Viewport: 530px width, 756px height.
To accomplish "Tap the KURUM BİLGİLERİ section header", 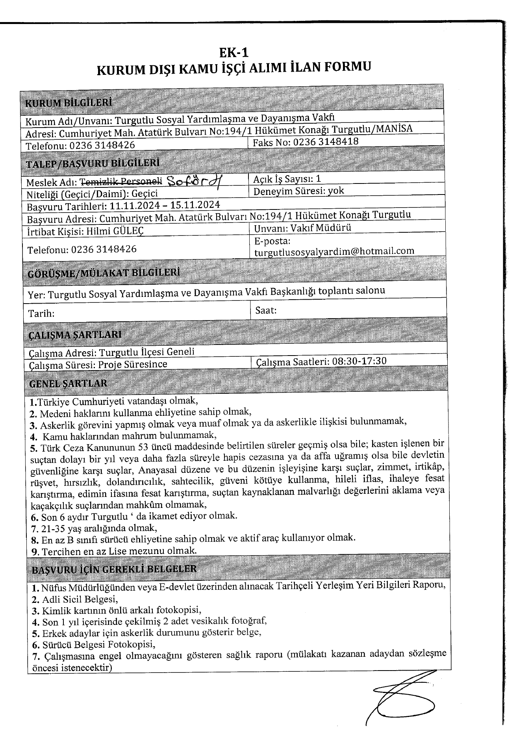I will (x=68, y=103).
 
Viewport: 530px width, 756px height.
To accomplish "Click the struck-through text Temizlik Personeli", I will (x=121, y=182).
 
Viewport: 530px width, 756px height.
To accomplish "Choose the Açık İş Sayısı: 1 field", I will (x=287, y=179).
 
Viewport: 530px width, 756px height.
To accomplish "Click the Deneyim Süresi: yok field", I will (x=299, y=191).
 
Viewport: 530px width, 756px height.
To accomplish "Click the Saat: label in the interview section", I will (x=266, y=310).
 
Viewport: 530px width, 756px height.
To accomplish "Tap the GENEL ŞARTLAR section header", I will (x=68, y=383).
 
